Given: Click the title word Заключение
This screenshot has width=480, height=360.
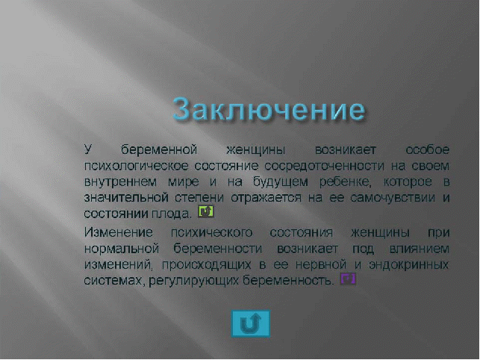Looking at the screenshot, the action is (269, 109).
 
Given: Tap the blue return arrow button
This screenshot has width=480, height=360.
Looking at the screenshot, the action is (251, 323).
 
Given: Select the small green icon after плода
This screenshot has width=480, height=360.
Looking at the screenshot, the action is (206, 211).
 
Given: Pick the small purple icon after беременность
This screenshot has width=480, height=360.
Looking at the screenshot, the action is (348, 279).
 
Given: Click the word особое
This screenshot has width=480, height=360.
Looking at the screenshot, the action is (427, 150).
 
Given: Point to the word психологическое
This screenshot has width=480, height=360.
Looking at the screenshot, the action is (136, 166).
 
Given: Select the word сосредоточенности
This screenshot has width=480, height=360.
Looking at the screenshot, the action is (324, 166).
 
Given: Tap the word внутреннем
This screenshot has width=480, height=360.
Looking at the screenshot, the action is (120, 182).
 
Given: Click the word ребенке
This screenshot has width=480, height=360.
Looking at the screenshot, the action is (345, 182).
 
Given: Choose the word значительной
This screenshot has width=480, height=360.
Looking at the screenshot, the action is (126, 198).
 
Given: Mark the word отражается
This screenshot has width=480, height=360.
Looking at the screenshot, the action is (266, 198).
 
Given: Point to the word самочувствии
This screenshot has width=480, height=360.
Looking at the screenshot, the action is (393, 198).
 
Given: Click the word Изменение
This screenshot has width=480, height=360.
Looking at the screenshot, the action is (119, 232).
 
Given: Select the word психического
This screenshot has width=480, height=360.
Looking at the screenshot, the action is (211, 233).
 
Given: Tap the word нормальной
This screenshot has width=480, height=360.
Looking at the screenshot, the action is (122, 249).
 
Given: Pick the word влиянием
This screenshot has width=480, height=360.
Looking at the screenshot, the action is (420, 249).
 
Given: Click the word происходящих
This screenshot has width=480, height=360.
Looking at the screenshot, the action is (207, 264).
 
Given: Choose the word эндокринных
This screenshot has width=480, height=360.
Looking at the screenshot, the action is (409, 264).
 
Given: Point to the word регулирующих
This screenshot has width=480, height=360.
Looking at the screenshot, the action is (193, 281).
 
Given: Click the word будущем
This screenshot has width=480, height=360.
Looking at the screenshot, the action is (281, 182).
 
